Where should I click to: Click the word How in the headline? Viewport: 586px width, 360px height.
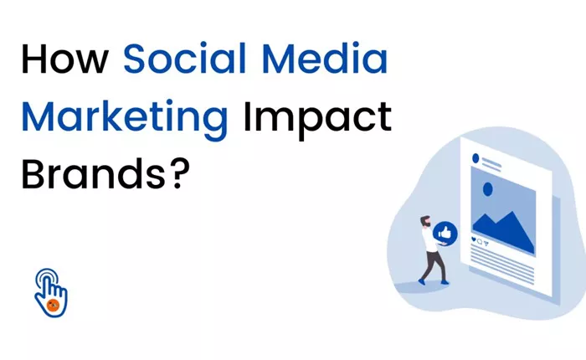point(64,59)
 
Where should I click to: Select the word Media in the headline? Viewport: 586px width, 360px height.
point(325,58)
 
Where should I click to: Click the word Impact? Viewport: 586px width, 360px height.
point(317,117)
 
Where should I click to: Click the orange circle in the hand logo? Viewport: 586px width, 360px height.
point(54,305)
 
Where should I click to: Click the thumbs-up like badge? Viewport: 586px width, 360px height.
point(445,234)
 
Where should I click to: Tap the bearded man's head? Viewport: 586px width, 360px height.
point(425,221)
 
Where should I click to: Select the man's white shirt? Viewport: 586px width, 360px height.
point(429,239)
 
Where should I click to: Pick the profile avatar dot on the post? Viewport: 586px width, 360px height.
point(475,158)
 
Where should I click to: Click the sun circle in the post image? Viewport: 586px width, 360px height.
point(488,189)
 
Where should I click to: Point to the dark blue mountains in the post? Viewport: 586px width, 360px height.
point(504,232)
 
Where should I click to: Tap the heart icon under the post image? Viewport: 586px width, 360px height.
point(474,239)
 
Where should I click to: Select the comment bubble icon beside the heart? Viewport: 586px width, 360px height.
point(480,241)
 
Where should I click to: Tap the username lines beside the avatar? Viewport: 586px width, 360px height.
point(491,165)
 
